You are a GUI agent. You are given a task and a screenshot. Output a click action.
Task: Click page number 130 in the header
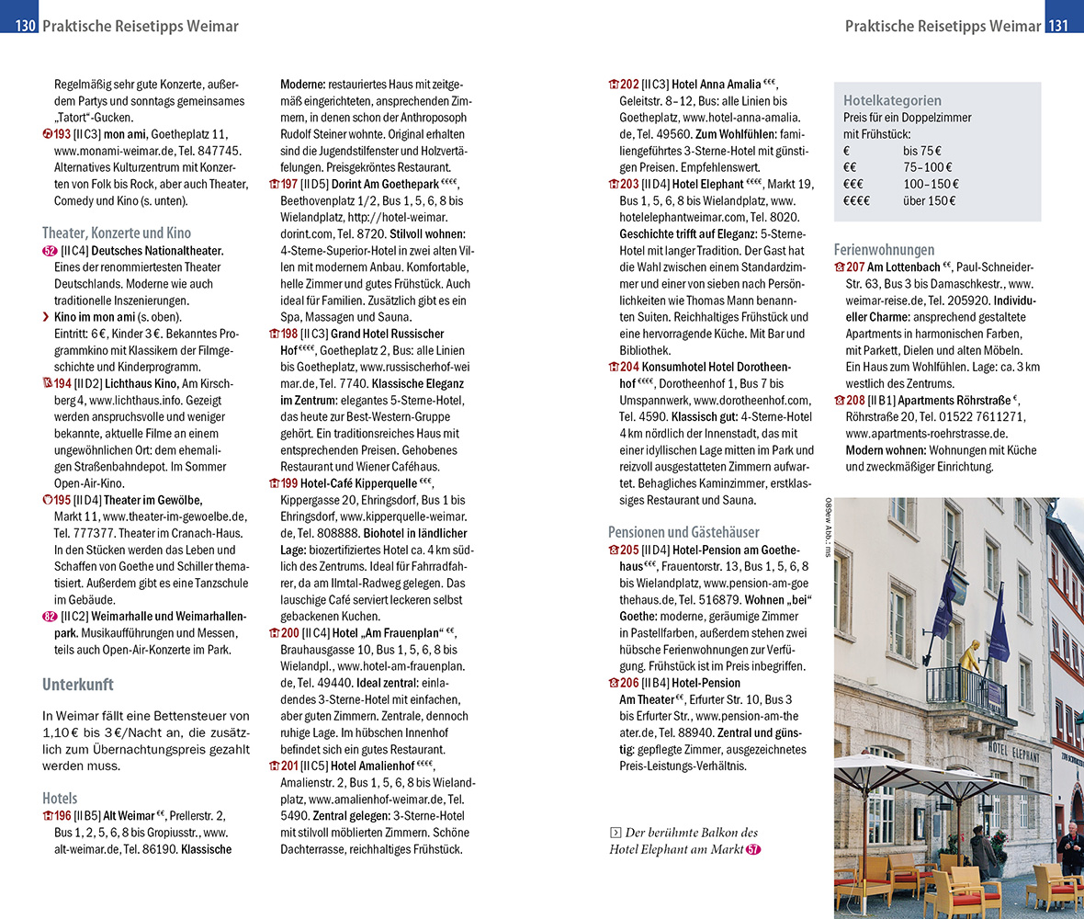pyautogui.click(x=24, y=26)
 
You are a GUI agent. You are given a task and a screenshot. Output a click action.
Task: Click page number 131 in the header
pyautogui.click(x=1059, y=26)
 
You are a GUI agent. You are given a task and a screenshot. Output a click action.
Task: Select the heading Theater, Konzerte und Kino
pyautogui.click(x=117, y=233)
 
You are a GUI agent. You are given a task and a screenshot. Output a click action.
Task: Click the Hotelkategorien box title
pyautogui.click(x=892, y=100)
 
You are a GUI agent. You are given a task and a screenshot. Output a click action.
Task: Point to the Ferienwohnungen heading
pyautogui.click(x=884, y=249)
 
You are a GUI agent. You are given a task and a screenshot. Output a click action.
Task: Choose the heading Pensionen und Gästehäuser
pyautogui.click(x=683, y=531)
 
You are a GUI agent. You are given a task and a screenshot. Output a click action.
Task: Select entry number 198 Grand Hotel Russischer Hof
pyautogui.click(x=289, y=334)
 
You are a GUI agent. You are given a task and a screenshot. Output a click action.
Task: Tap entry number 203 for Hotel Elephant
pyautogui.click(x=629, y=184)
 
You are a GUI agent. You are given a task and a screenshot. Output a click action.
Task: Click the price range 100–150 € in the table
pyautogui.click(x=929, y=184)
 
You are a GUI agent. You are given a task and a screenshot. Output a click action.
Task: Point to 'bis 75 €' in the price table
pyautogui.click(x=922, y=151)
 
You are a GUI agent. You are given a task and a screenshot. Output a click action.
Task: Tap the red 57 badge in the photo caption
pyautogui.click(x=753, y=849)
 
